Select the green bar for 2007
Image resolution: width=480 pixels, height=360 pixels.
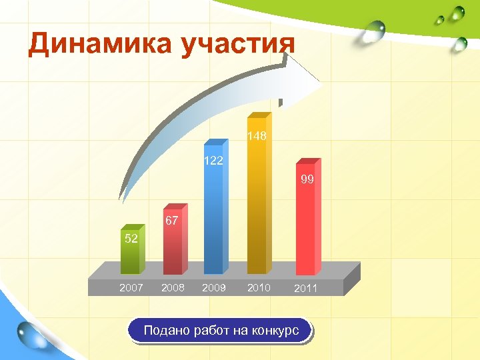[x=131, y=257]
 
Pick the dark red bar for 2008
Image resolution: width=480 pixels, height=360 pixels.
[x=173, y=247]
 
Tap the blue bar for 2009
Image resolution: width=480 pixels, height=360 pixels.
[x=214, y=220]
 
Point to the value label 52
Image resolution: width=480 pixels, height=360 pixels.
[x=131, y=239]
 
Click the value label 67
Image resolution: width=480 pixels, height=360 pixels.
[x=171, y=221]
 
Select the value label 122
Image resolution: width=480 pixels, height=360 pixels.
[x=213, y=161]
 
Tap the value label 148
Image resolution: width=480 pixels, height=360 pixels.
[x=257, y=136]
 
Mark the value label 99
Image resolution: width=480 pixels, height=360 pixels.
[x=307, y=179]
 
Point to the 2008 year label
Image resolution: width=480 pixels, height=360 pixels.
[x=173, y=288]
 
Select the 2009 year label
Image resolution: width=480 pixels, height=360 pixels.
[x=215, y=288]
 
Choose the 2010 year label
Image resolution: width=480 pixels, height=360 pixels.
[x=259, y=287]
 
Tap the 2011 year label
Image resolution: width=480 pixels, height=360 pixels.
[x=305, y=289]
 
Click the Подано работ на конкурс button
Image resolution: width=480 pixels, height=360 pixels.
[x=219, y=331]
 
